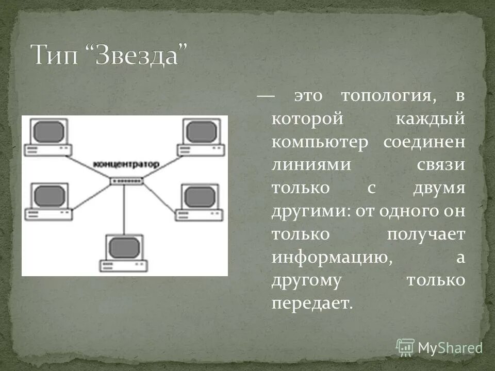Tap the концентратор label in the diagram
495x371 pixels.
(x=126, y=164)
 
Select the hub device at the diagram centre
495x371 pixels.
(x=126, y=180)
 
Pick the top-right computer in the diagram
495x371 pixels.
(x=201, y=136)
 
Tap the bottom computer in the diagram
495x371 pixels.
(x=124, y=252)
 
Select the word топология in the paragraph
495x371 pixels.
(x=386, y=96)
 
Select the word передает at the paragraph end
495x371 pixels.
(x=311, y=303)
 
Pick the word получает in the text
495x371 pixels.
(x=426, y=233)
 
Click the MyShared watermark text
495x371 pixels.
(x=450, y=348)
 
